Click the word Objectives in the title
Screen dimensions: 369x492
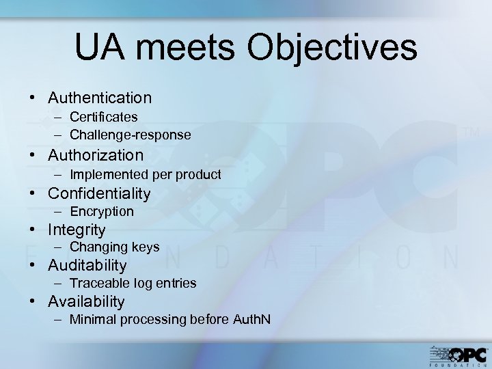point(333,49)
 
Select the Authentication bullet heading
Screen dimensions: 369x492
point(100,98)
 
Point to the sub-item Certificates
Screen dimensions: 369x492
point(104,118)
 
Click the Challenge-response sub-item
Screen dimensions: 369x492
point(131,135)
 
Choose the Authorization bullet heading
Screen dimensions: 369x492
point(96,156)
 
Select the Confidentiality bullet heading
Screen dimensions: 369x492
point(99,193)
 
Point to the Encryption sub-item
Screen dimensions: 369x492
point(102,212)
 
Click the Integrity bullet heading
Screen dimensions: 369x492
point(77,230)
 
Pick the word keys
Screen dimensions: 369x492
point(147,247)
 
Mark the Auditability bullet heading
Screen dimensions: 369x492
point(87,265)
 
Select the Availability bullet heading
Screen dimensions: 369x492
point(86,301)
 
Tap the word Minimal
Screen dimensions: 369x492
point(94,319)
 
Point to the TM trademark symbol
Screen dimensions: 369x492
point(471,134)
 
